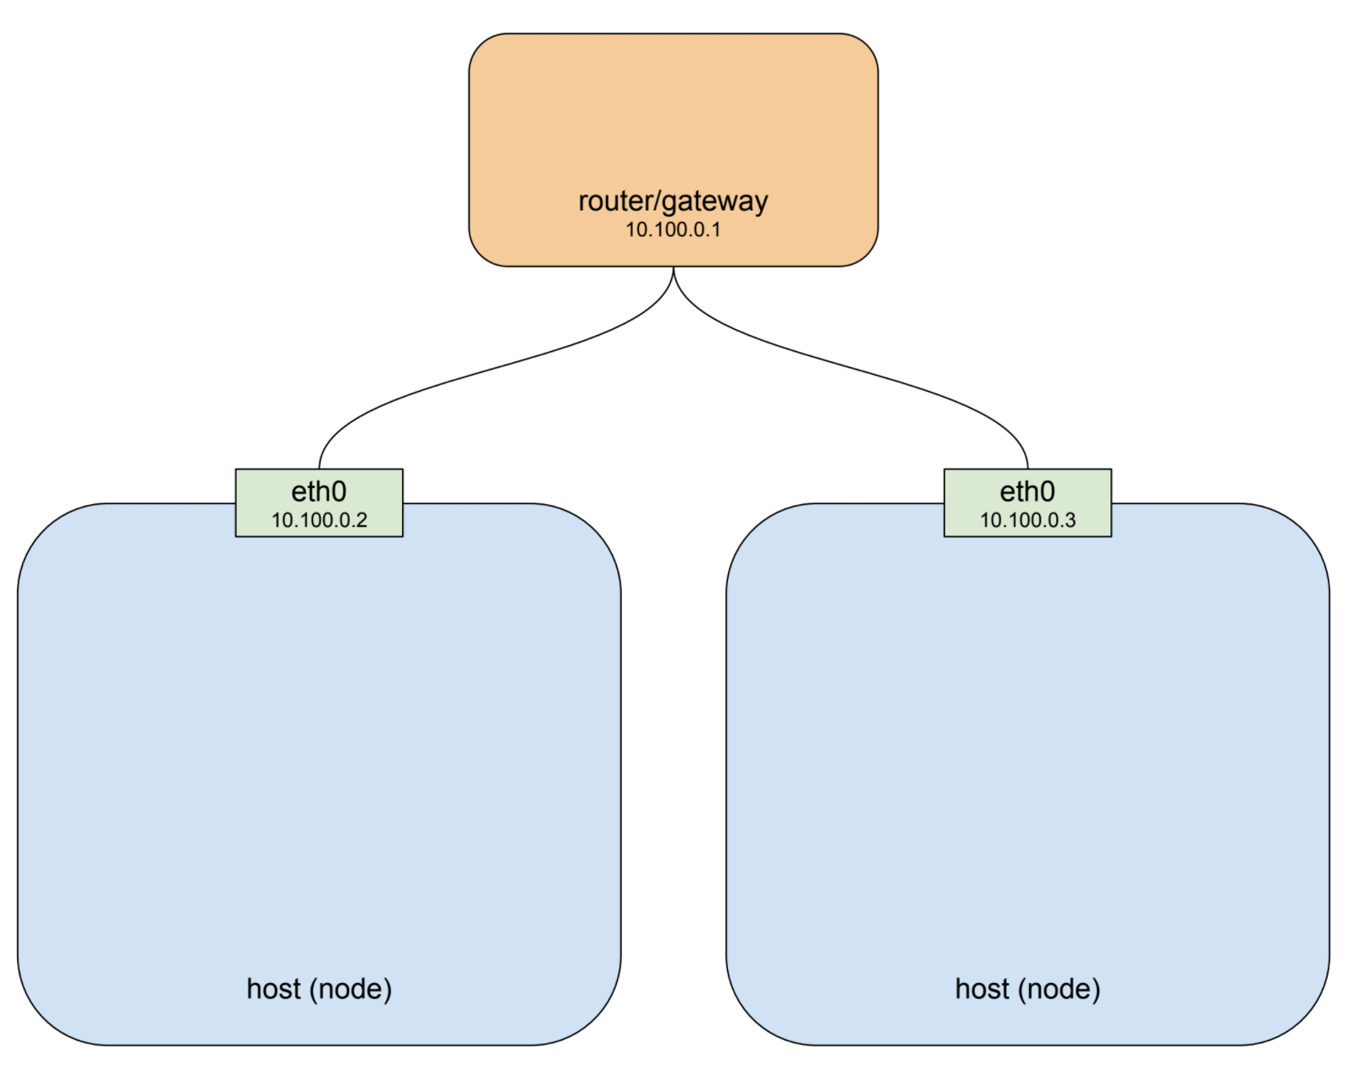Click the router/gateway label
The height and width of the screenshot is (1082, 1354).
coord(673,201)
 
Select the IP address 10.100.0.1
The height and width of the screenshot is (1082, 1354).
coord(673,229)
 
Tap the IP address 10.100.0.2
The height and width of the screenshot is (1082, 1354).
coord(319,520)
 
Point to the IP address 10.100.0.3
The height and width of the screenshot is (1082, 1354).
coord(1027,520)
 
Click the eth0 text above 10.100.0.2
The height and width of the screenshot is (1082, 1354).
coord(319,492)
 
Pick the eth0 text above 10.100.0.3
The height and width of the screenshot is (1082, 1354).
coord(1027,492)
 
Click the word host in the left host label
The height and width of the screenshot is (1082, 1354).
coord(273,989)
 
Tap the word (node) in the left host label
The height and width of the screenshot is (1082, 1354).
coord(350,990)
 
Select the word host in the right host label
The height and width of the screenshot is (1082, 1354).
coord(982,989)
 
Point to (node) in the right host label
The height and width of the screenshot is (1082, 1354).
coord(1060,990)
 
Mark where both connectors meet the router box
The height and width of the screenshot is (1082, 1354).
coord(674,266)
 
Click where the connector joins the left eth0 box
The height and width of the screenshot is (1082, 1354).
coord(319,469)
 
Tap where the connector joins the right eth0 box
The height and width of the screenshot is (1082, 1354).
coord(1027,469)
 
